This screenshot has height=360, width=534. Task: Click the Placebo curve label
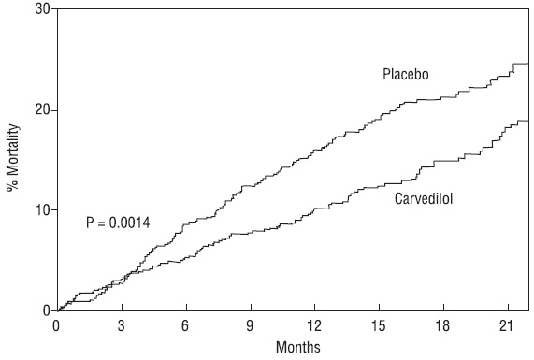406,75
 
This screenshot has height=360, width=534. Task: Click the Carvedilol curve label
424,198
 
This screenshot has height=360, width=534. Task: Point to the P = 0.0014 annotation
118,223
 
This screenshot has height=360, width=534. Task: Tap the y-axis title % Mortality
13,158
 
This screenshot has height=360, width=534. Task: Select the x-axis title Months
298,347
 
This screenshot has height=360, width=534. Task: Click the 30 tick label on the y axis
42,8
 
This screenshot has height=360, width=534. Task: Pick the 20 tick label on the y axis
42,110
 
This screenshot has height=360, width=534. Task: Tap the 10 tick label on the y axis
42,209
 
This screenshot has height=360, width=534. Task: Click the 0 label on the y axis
47,311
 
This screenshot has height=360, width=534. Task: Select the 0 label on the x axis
56,326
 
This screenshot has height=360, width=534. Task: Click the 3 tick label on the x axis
122,326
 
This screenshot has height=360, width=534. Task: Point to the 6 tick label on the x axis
185,326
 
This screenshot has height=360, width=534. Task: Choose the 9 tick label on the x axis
250,326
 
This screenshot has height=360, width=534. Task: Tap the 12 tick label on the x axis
314,326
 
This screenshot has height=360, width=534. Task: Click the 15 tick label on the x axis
379,326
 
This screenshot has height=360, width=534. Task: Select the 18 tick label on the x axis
442,326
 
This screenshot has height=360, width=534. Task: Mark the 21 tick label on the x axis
507,326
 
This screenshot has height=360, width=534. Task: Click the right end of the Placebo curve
527,64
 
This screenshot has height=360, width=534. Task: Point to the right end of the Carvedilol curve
527,121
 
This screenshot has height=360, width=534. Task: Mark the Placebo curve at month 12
315,150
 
